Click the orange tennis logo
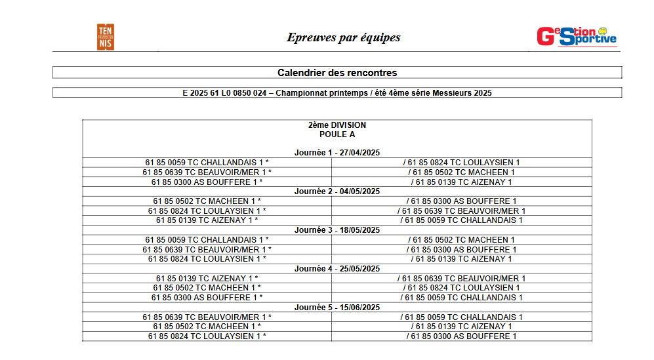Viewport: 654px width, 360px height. click(105, 37)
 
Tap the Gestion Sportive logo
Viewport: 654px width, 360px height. click(577, 37)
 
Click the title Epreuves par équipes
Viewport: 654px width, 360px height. click(343, 37)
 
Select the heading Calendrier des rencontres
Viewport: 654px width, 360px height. click(337, 73)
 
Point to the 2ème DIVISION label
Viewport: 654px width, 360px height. click(337, 125)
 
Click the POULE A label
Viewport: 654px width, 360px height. click(337, 134)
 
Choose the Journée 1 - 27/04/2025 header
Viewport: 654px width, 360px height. click(337, 153)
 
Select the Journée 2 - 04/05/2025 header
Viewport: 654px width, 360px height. click(337, 191)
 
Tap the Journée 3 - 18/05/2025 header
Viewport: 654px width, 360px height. click(337, 230)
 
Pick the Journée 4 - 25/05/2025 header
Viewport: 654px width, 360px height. click(337, 269)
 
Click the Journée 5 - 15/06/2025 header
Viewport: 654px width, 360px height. click(337, 308)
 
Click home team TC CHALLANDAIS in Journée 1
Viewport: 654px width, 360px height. click(207, 163)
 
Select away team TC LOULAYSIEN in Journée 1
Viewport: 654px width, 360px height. click(462, 163)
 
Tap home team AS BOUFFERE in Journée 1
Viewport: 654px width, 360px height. click(207, 182)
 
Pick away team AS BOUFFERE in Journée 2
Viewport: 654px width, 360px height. click(462, 201)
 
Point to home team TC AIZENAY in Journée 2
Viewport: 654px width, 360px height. click(207, 220)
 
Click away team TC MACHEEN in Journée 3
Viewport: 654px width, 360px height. click(462, 240)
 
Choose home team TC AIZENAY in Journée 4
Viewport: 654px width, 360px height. click(207, 279)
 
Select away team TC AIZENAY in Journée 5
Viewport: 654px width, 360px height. click(462, 327)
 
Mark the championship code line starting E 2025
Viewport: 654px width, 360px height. click(337, 93)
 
